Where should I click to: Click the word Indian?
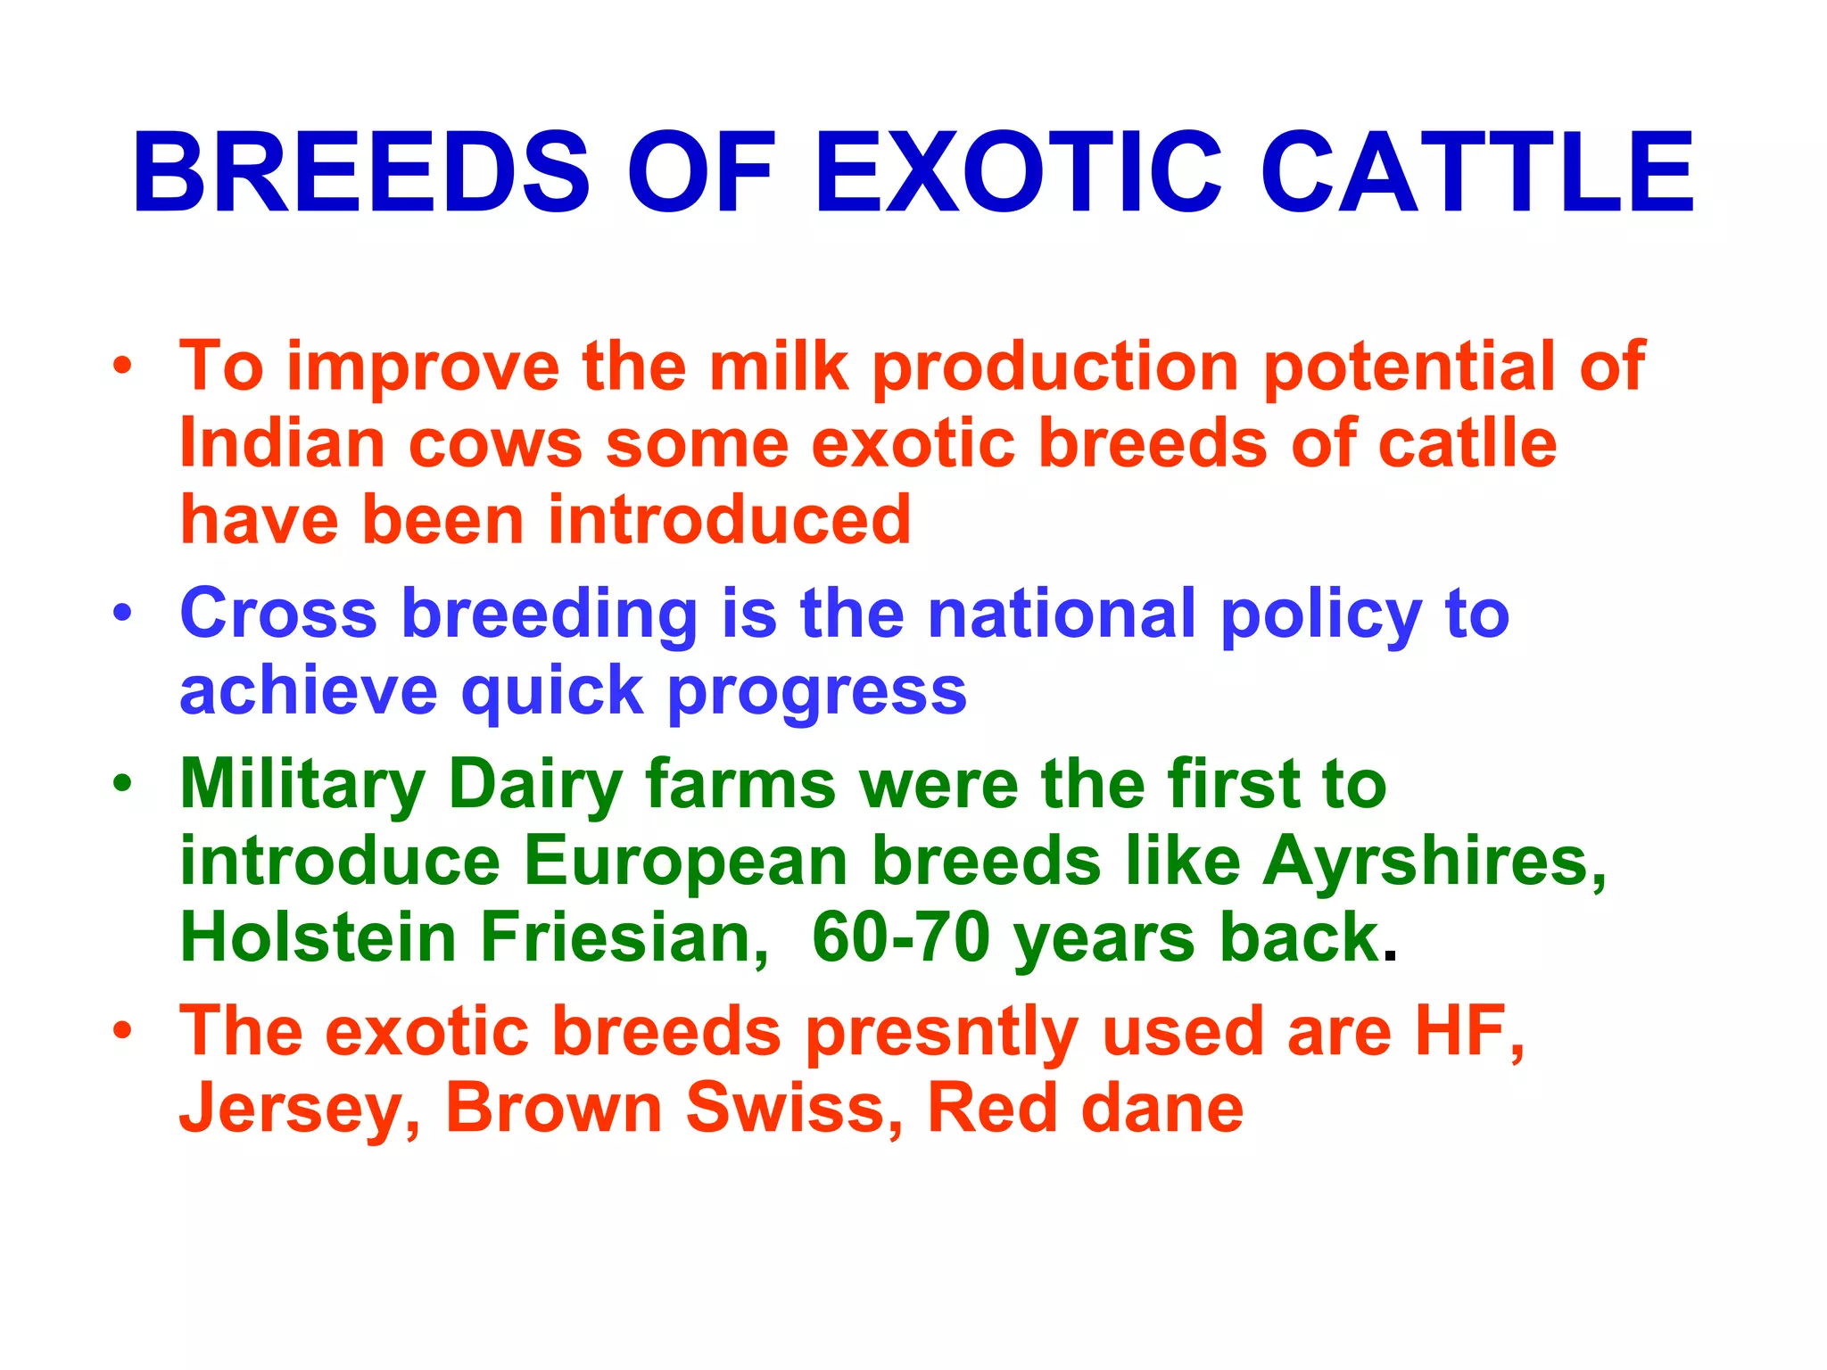pyautogui.click(x=282, y=443)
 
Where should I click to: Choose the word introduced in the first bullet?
pyautogui.click(x=729, y=520)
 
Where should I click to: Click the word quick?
pyautogui.click(x=552, y=691)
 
